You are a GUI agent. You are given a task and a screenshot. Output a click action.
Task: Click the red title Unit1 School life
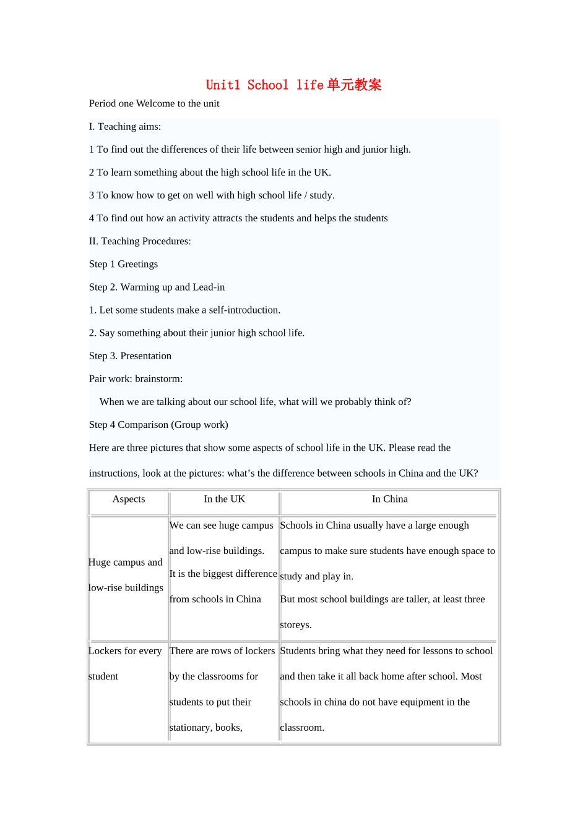coord(293,85)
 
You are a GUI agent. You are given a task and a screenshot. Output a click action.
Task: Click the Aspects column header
coord(129,499)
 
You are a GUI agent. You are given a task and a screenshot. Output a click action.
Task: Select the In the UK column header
coord(225,499)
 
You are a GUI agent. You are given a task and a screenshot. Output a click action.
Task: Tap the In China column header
coord(390,499)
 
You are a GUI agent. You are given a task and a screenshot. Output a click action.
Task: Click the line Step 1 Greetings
coord(123,264)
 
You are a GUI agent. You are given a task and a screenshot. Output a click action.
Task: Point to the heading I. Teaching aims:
coord(125,127)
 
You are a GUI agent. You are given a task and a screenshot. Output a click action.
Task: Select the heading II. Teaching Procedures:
coord(140,241)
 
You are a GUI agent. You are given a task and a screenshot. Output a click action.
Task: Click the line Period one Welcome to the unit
coord(154,104)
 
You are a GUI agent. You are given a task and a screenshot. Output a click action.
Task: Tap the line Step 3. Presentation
coord(130,356)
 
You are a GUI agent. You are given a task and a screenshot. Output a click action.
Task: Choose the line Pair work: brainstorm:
coord(136,379)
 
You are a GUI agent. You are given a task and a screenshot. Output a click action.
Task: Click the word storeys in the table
coord(295,625)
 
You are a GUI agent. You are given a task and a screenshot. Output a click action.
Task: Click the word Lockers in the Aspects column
coord(105,651)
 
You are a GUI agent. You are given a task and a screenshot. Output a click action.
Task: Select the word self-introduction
coord(244,310)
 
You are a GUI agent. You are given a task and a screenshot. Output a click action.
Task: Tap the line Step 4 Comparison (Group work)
coord(158,425)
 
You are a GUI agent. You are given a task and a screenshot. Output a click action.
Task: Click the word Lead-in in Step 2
coord(209,288)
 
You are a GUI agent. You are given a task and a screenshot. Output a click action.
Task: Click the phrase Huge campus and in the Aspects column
coord(126,563)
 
